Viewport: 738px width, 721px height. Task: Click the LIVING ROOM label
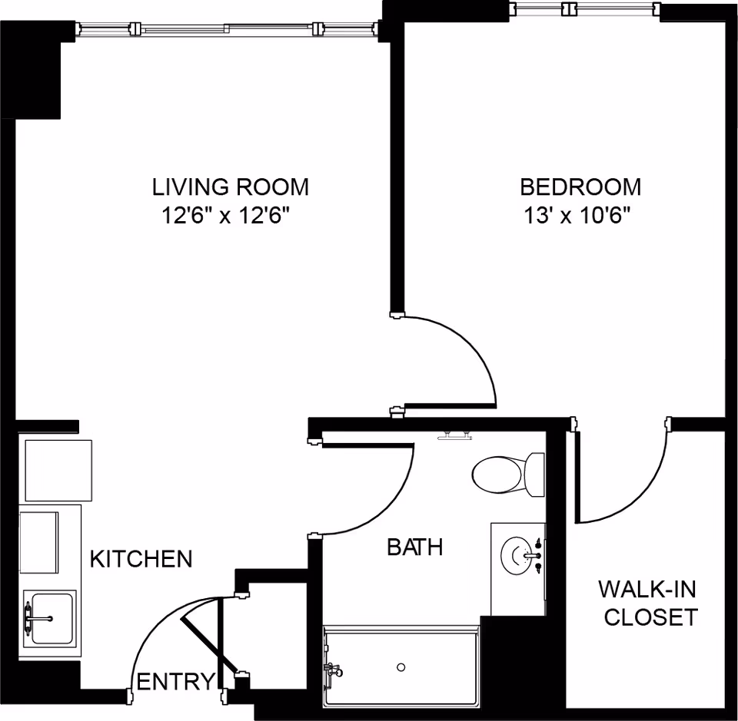pos(230,187)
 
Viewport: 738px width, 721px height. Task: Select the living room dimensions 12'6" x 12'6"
pos(230,216)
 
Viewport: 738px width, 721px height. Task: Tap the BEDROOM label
pos(580,187)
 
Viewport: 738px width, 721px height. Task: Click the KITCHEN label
pos(141,559)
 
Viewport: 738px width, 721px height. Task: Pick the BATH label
pos(414,547)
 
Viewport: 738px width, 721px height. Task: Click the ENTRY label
pos(175,681)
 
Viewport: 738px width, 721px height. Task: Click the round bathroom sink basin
pos(516,553)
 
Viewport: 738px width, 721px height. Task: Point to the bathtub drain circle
pos(401,667)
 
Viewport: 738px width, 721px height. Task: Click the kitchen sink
pos(49,617)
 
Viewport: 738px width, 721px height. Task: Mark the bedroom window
pos(584,9)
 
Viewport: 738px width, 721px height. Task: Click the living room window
pos(228,29)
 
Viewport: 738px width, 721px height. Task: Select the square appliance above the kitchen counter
pos(58,470)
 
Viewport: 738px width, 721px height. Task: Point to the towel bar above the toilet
pos(454,436)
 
